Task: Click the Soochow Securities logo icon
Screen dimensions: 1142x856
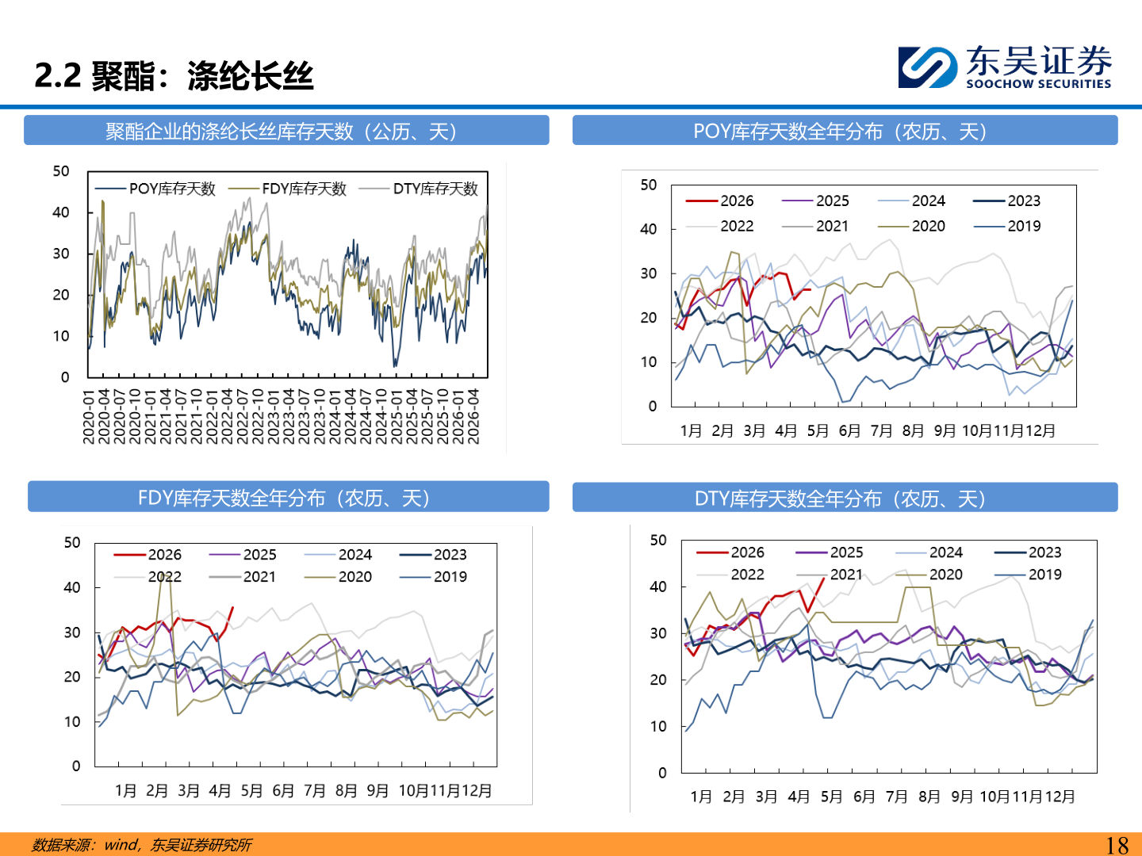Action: (x=927, y=67)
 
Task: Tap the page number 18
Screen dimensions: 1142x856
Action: (x=1117, y=845)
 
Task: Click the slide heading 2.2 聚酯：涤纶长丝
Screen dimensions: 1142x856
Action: (x=174, y=76)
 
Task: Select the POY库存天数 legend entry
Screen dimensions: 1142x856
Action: (x=155, y=189)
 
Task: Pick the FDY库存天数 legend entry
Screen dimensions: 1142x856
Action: (x=287, y=189)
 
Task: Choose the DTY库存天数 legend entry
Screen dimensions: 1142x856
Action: (x=418, y=189)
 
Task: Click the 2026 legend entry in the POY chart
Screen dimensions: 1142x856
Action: (x=719, y=201)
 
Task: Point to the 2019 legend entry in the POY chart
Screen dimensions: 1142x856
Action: (x=1006, y=226)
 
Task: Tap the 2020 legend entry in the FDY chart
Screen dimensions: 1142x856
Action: (x=338, y=577)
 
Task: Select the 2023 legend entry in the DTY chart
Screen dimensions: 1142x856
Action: (x=1028, y=552)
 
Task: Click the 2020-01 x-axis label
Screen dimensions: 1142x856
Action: (x=89, y=418)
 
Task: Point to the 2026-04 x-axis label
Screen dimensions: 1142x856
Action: (x=473, y=418)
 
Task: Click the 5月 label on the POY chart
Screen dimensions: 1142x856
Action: (x=818, y=431)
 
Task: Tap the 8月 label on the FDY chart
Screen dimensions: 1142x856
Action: (x=346, y=791)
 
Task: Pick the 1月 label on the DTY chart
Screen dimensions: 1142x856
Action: (x=701, y=797)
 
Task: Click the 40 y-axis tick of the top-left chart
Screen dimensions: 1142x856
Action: (x=60, y=212)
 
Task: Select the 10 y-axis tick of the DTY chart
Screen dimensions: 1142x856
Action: (x=658, y=727)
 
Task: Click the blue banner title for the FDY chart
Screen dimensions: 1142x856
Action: (x=288, y=497)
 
